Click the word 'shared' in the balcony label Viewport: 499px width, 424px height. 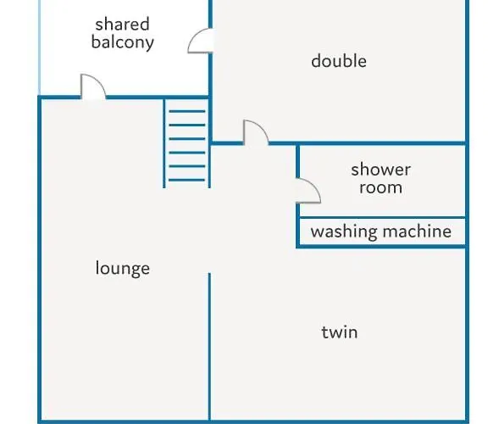pyautogui.click(x=123, y=25)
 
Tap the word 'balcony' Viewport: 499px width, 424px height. pyautogui.click(x=123, y=42)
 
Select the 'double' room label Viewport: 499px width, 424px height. pyautogui.click(x=339, y=60)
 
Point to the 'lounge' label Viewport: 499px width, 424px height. pyautogui.click(x=123, y=268)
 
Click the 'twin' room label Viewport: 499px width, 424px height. pyautogui.click(x=340, y=332)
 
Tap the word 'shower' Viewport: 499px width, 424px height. pyautogui.click(x=380, y=170)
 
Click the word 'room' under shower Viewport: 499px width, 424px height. pyautogui.click(x=380, y=187)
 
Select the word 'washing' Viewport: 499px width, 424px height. pyautogui.click(x=344, y=232)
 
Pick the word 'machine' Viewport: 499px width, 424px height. pyautogui.click(x=417, y=232)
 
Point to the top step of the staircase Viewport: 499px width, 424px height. pyautogui.click(x=187, y=111)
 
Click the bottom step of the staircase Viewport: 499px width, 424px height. pyautogui.click(x=186, y=180)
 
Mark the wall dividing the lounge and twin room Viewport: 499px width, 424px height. pyautogui.click(x=209, y=347)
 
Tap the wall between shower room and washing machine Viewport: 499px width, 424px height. pyautogui.click(x=382, y=218)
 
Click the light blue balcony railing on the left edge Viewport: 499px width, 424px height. pyautogui.click(x=40, y=47)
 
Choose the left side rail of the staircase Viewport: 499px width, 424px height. pyautogui.click(x=164, y=143)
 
